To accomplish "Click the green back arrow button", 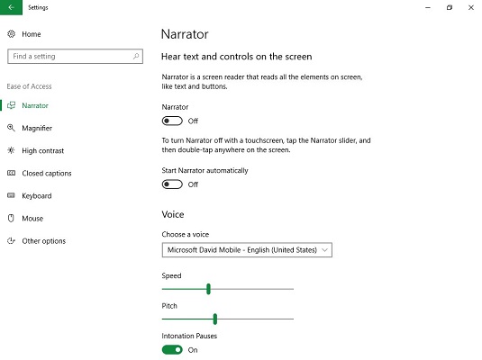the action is coord(11,7).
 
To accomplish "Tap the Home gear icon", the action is coord(12,34).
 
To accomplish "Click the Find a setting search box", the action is coord(75,56).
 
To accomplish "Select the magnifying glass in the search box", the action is coord(136,56).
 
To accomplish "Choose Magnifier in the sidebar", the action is coord(37,128).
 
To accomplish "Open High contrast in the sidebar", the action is coord(42,150).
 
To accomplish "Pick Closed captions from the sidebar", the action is coord(47,173).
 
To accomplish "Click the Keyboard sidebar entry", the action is coord(37,195).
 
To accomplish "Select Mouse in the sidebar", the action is coord(32,219).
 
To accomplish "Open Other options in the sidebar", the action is coord(43,241).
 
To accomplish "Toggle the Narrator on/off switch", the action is coord(172,121).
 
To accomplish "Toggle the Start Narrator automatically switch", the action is coord(172,184).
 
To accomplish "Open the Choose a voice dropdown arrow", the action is coord(324,250).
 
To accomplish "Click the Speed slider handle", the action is coord(208,289).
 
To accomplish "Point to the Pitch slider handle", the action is coord(215,319).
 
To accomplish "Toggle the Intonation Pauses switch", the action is coord(172,350).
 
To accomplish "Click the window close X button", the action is coord(471,7).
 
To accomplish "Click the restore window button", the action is coord(450,7).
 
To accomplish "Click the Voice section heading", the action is coord(173,214).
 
